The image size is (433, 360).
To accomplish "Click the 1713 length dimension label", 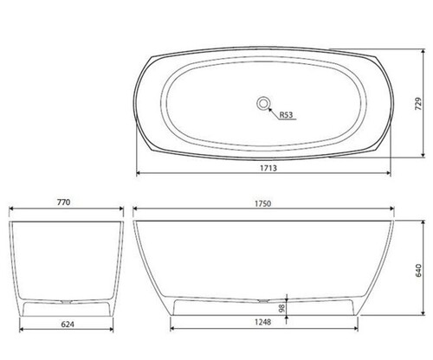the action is click(268, 168).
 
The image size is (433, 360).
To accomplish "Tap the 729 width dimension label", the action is click(418, 104).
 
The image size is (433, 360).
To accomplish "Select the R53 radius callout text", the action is click(286, 115).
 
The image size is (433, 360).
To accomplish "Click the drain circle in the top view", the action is click(263, 103).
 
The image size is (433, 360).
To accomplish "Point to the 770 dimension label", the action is click(63, 202).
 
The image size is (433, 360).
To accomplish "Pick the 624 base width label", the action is click(68, 325).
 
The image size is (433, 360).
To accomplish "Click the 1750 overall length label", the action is click(262, 203).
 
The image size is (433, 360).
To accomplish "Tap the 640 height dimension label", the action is click(418, 270).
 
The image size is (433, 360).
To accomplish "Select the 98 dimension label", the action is click(282, 308).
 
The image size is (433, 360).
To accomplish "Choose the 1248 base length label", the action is click(262, 322).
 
